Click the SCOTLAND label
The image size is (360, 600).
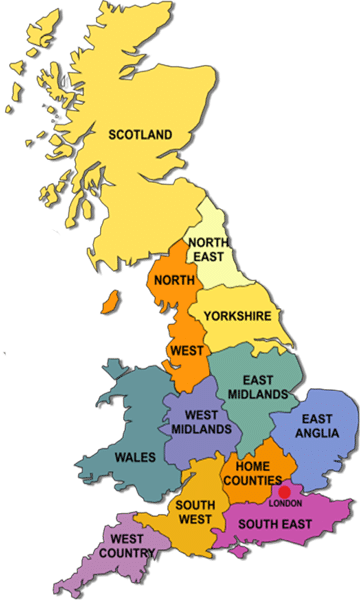click(141, 134)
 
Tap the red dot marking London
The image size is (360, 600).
click(284, 492)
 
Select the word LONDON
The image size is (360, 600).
click(285, 503)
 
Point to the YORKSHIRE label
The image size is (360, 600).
click(237, 316)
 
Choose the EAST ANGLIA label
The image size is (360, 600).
click(318, 426)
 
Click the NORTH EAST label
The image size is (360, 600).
click(207, 249)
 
